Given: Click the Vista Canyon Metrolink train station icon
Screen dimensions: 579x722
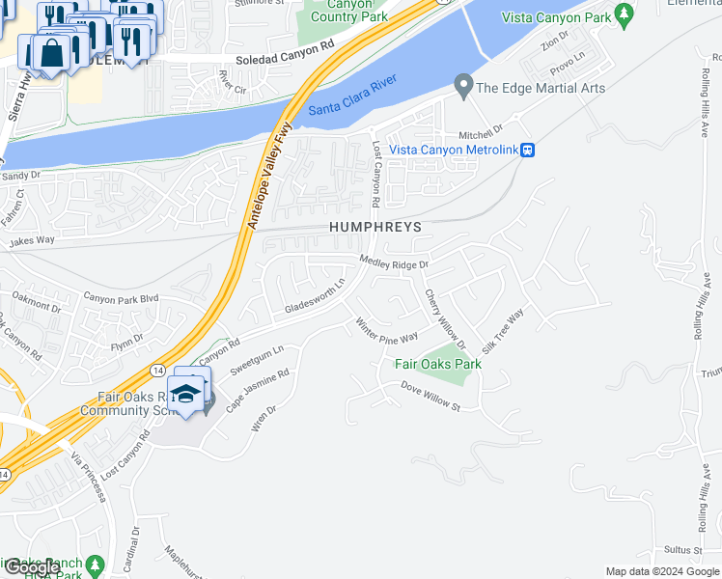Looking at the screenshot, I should (x=529, y=150).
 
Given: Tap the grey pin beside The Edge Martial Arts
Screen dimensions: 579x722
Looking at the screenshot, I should (x=464, y=88).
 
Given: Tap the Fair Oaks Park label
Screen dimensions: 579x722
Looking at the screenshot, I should (x=438, y=365).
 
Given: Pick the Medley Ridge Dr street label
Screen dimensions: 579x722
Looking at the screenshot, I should (x=393, y=262).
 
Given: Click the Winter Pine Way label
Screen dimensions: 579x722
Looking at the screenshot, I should (x=386, y=329).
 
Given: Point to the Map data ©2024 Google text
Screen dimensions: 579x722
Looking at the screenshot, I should (x=661, y=571).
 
